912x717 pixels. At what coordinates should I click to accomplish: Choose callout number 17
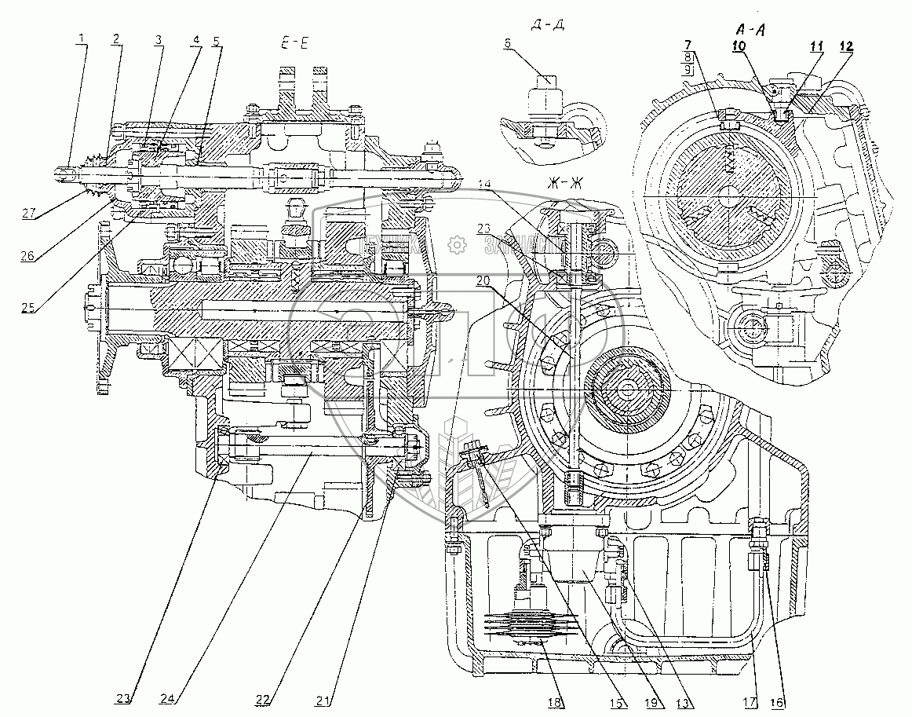coord(752,702)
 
